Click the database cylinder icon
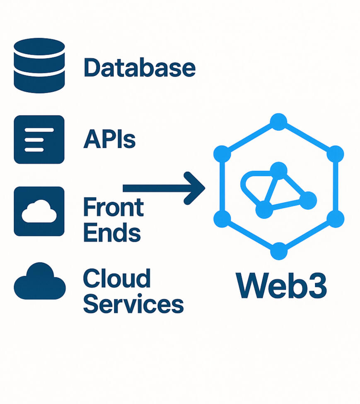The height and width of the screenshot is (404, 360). (x=39, y=65)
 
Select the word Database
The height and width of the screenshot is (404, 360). (x=139, y=67)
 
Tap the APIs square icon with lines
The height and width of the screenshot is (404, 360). (x=39, y=139)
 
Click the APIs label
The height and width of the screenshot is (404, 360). (x=109, y=139)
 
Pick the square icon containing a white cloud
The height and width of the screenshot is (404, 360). (x=39, y=211)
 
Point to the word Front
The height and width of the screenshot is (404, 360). (x=113, y=207)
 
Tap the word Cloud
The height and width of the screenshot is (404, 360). (x=116, y=279)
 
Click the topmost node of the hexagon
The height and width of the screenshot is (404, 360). (x=279, y=122)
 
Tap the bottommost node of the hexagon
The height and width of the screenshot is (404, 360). (x=279, y=251)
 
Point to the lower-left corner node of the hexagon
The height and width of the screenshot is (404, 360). (x=222, y=218)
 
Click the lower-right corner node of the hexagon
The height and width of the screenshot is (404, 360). (x=336, y=218)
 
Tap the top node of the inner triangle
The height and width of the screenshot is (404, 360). (x=279, y=170)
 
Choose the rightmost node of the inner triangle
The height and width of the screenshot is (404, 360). (x=308, y=201)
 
